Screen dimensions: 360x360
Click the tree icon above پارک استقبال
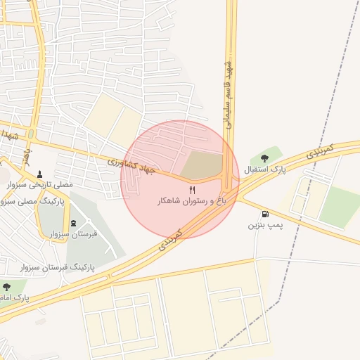point(264,158)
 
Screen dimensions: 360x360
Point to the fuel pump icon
point(264,214)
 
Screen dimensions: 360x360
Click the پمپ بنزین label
point(264,226)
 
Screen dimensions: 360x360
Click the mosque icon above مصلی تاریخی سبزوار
point(39,174)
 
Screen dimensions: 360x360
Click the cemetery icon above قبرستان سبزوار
point(74,223)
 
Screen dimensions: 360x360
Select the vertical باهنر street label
point(25,153)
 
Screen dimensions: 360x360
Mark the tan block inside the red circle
point(200,165)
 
